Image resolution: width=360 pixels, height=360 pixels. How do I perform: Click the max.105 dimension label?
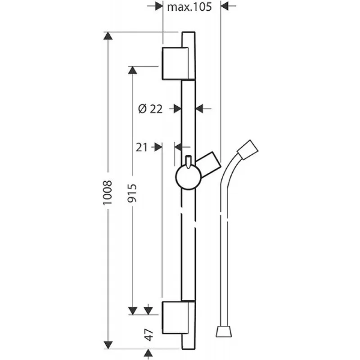[x=189, y=7]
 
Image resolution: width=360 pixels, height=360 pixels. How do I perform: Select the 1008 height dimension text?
[x=108, y=193]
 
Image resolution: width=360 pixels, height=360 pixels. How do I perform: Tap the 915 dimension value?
[x=132, y=193]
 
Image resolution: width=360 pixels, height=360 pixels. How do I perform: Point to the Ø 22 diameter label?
[x=150, y=108]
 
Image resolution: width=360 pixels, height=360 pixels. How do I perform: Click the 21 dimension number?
[x=141, y=147]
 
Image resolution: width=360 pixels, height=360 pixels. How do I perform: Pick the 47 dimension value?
[x=149, y=335]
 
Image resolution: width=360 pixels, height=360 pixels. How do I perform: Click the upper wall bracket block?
[x=175, y=63]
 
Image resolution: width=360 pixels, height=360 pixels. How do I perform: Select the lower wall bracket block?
[x=175, y=318]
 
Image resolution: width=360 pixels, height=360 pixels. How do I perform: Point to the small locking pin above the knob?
[x=189, y=162]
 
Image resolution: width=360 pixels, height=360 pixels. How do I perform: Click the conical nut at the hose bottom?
[x=224, y=331]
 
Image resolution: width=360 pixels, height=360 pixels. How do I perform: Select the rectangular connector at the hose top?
[x=248, y=149]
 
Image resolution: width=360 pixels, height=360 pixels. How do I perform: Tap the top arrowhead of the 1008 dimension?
[x=108, y=36]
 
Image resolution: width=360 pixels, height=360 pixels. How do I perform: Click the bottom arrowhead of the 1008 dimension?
[x=108, y=345]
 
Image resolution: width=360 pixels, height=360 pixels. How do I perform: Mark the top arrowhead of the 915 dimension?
[x=132, y=70]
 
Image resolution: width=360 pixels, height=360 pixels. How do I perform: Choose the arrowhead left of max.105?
[x=159, y=6]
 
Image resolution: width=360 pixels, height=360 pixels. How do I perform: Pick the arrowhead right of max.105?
[x=224, y=6]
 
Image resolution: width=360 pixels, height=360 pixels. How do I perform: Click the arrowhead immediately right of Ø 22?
[x=199, y=108]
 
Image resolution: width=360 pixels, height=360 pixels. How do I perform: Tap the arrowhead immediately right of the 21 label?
[x=158, y=147]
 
